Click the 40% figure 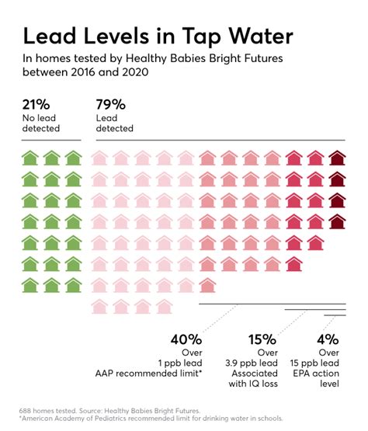pyautogui.click(x=186, y=339)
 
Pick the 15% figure pyautogui.click(x=262, y=339)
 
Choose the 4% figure pyautogui.click(x=328, y=339)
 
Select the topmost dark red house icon pyautogui.click(x=337, y=158)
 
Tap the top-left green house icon pyautogui.click(x=30, y=158)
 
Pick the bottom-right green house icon pyautogui.click(x=73, y=284)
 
